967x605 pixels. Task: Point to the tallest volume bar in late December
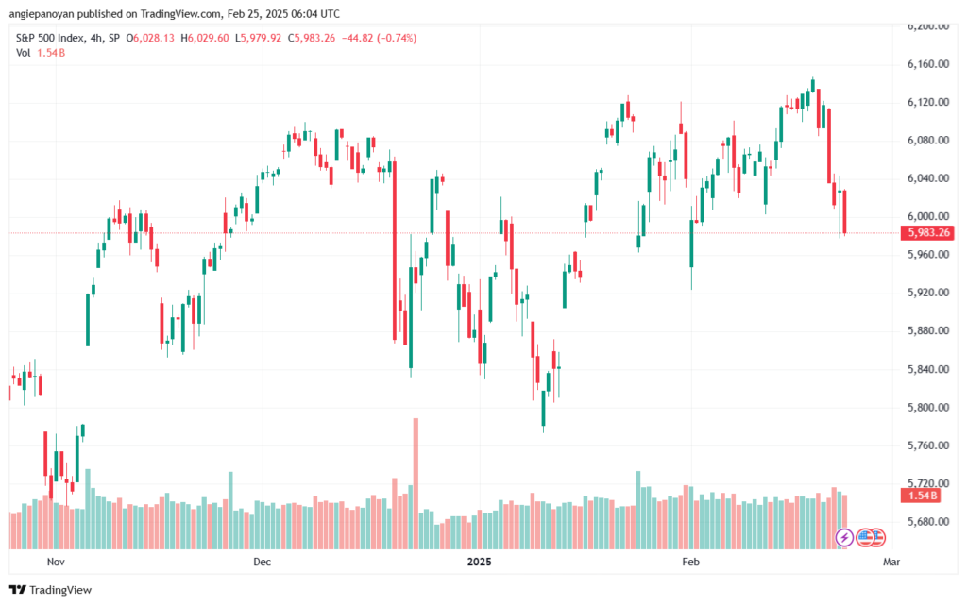click(415, 481)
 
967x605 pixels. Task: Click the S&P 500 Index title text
click(48, 38)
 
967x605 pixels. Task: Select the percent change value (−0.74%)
click(397, 38)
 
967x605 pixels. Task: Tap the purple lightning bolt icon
click(845, 537)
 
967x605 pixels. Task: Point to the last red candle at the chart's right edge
click(845, 211)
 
